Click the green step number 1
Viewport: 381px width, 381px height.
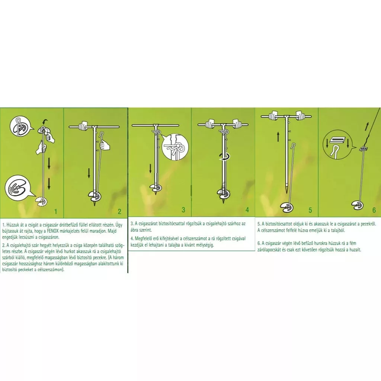tap(56, 211)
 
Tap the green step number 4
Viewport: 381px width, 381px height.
tap(247, 210)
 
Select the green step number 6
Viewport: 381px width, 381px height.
tap(374, 210)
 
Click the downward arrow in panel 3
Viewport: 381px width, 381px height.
tap(150, 169)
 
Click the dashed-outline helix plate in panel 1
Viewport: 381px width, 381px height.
tap(42, 201)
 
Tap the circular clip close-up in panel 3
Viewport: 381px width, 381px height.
tap(175, 147)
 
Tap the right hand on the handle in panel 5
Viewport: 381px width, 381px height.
tap(301, 115)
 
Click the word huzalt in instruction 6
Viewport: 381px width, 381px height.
tap(355, 250)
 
